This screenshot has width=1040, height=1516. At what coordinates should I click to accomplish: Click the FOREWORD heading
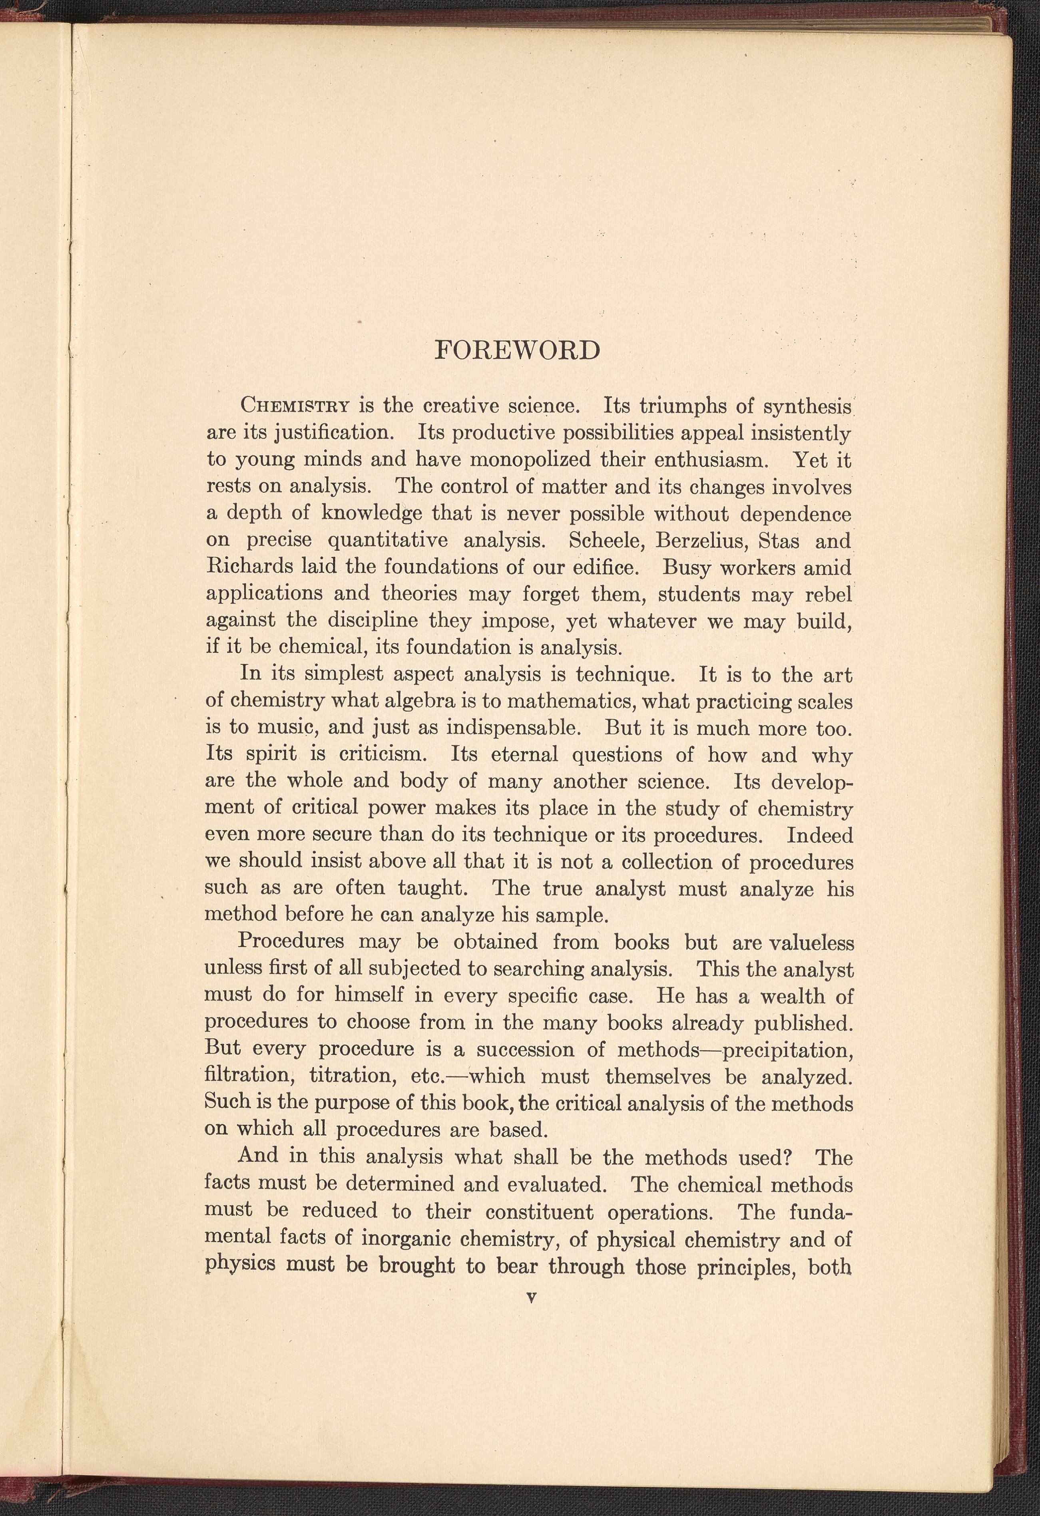(x=517, y=350)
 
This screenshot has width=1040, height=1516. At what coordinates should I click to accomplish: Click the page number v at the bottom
(x=530, y=1298)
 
